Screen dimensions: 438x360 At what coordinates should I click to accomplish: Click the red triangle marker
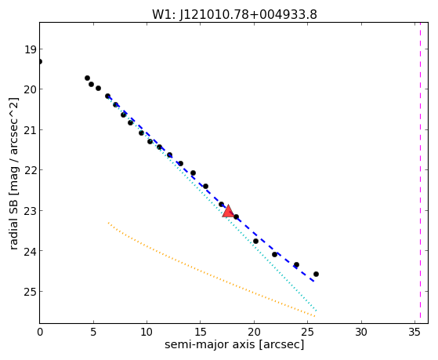point(228,211)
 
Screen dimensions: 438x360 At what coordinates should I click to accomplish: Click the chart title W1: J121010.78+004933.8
point(234,15)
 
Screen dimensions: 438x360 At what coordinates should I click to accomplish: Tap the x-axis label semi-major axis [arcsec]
point(234,344)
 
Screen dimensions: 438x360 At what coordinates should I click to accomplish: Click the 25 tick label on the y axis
point(31,292)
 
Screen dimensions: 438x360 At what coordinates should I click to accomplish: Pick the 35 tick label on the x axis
point(414,333)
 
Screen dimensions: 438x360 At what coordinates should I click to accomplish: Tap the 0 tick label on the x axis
point(40,333)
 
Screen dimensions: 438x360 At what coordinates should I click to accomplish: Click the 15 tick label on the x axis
point(201,333)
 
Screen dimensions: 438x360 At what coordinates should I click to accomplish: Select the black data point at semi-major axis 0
point(40,61)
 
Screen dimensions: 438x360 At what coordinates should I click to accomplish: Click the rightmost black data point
point(316,275)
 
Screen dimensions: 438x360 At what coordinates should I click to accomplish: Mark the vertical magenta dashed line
point(420,173)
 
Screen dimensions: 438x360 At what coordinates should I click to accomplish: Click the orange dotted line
point(212,270)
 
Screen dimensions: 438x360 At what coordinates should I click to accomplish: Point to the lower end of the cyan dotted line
point(317,311)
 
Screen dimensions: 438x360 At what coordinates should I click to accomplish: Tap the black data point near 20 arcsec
point(255,241)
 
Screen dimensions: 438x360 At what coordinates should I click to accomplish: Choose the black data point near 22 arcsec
point(274,255)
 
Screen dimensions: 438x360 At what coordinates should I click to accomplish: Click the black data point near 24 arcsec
point(296,264)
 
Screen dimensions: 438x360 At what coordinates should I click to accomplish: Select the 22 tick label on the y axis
point(31,170)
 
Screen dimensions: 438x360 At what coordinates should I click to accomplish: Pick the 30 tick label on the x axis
point(361,333)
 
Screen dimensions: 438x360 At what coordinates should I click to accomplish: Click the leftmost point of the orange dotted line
point(108,223)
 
